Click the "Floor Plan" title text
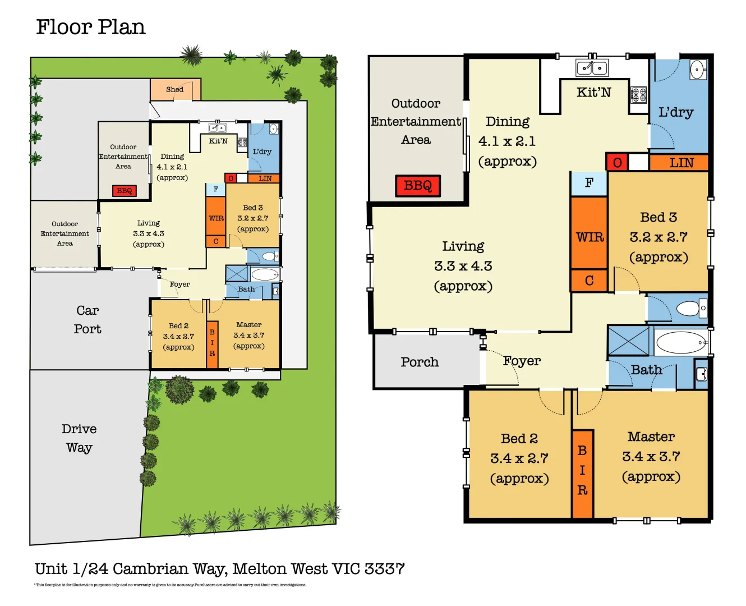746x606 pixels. click(90, 27)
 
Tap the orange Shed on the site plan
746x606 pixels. click(175, 90)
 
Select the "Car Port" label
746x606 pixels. click(88, 320)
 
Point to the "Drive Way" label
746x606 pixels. click(79, 438)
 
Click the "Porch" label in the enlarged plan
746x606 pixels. click(420, 362)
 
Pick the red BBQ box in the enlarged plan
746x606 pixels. click(418, 186)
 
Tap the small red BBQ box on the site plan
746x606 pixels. click(125, 191)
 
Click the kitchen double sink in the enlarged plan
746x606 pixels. click(592, 68)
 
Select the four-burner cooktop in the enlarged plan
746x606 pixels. click(638, 95)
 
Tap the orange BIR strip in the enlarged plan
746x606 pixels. click(582, 474)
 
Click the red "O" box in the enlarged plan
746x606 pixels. click(617, 163)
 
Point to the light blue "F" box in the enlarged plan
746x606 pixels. click(589, 183)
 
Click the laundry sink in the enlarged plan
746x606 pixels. click(697, 71)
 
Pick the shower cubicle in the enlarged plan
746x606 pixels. click(628, 341)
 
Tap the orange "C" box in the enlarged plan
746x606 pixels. click(589, 281)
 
